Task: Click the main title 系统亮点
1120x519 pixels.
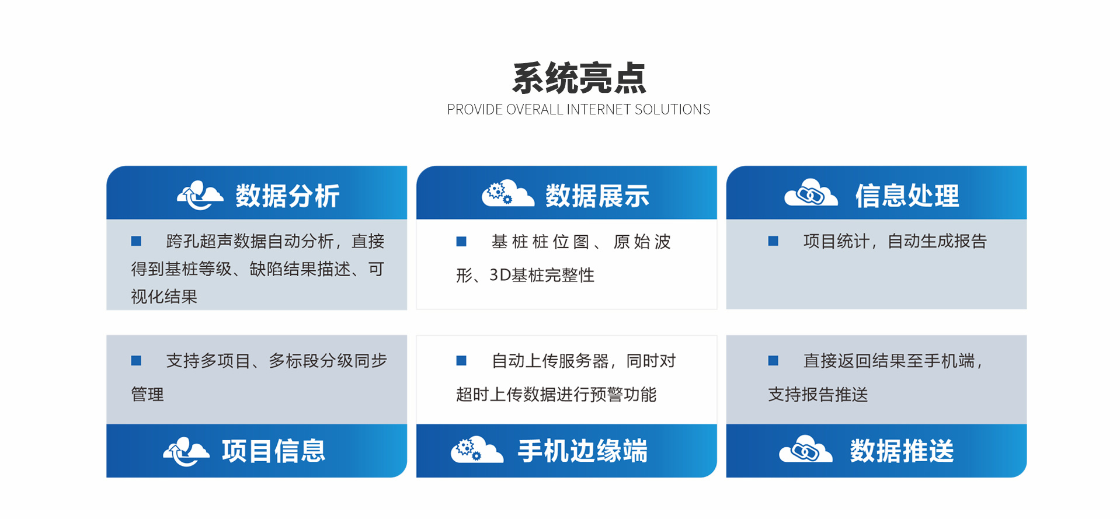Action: [579, 78]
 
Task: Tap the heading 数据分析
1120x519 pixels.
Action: [287, 196]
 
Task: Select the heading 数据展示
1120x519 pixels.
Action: [597, 196]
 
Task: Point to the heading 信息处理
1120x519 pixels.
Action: [907, 196]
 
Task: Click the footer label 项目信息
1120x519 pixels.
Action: [273, 451]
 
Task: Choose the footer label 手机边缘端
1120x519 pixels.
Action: [583, 451]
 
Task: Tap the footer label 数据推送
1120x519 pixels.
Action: [902, 451]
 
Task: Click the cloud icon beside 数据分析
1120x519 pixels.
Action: [200, 195]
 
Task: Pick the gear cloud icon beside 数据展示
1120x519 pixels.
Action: [508, 193]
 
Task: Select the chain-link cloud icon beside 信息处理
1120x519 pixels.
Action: [811, 193]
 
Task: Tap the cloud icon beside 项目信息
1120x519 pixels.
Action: [186, 451]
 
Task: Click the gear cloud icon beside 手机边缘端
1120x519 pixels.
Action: [477, 450]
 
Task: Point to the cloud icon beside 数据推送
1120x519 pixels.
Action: [806, 449]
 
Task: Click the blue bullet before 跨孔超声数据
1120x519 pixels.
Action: [136, 241]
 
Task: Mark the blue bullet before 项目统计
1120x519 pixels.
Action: [773, 241]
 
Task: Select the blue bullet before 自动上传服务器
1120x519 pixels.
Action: [461, 361]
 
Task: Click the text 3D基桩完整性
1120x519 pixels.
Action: [542, 275]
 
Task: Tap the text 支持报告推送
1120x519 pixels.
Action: [818, 395]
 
